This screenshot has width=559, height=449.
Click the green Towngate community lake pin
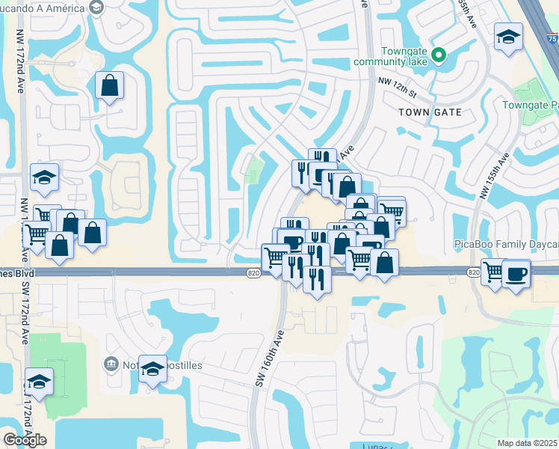[439, 55]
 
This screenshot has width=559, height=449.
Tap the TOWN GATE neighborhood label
[430, 112]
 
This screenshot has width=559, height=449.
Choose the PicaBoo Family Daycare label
[507, 245]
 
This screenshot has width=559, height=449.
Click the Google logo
[25, 439]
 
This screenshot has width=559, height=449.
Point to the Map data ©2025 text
[528, 443]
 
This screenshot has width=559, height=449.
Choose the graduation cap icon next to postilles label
[153, 368]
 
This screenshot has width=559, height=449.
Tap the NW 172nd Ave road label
[19, 60]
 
